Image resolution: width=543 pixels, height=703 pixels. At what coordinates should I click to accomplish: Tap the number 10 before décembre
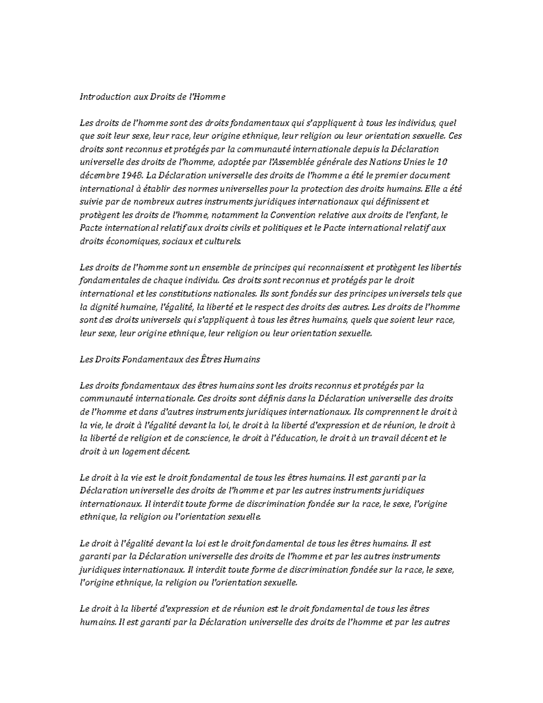(x=444, y=162)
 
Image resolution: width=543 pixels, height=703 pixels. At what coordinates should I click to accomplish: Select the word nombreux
(x=148, y=201)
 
